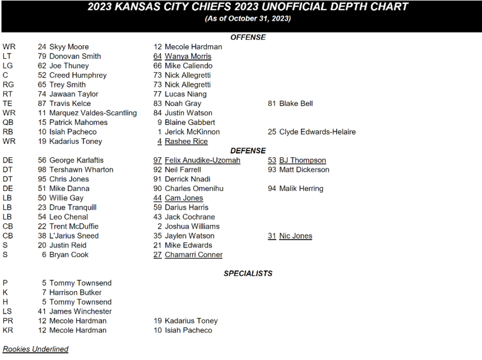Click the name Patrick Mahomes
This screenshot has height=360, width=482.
pyautogui.click(x=78, y=122)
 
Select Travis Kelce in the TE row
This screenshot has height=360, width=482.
pyautogui.click(x=70, y=103)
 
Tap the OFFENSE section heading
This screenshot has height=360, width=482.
pyautogui.click(x=248, y=37)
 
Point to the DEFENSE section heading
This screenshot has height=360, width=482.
pyautogui.click(x=248, y=151)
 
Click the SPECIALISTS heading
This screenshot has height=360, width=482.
pyautogui.click(x=248, y=273)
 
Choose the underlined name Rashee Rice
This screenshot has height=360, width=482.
pyautogui.click(x=186, y=141)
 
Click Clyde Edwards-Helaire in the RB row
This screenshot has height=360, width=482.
pyautogui.click(x=317, y=132)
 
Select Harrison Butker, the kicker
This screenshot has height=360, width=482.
pyautogui.click(x=75, y=292)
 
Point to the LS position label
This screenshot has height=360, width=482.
pyautogui.click(x=7, y=311)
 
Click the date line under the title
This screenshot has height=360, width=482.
pyautogui.click(x=248, y=19)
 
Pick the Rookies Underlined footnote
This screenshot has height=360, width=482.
pyautogui.click(x=36, y=349)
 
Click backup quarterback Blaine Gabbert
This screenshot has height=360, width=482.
pyautogui.click(x=190, y=122)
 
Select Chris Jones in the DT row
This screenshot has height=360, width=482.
pyautogui.click(x=69, y=179)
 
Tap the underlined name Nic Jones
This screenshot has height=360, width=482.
pyautogui.click(x=296, y=236)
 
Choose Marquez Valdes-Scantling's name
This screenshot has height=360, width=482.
pyautogui.click(x=93, y=113)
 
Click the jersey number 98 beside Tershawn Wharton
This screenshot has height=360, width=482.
pyautogui.click(x=42, y=170)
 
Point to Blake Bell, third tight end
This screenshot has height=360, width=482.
pyautogui.click(x=296, y=103)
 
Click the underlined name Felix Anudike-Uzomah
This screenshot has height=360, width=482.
pyautogui.click(x=202, y=160)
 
